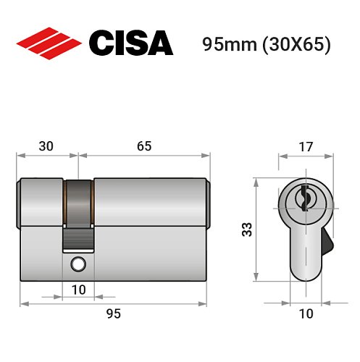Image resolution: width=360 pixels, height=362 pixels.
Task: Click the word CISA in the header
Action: pyautogui.click(x=131, y=43)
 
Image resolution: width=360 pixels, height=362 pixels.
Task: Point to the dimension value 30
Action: pyautogui.click(x=46, y=146)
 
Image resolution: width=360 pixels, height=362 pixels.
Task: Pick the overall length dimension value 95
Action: pyautogui.click(x=113, y=313)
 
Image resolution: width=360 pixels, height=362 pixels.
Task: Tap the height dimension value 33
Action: pyautogui.click(x=246, y=230)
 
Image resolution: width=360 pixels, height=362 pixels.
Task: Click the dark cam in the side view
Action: pyautogui.click(x=78, y=206)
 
